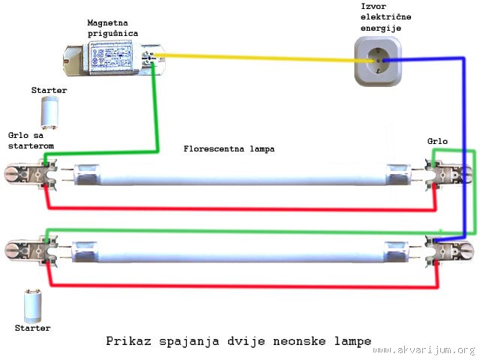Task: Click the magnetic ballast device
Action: point(114,59)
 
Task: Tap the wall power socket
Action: point(378,61)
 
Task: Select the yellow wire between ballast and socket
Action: point(263,58)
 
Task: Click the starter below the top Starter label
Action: point(49,112)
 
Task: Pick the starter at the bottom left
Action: point(33,306)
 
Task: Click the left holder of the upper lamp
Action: point(31,174)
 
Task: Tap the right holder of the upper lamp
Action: point(448,175)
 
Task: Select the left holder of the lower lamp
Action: point(31,251)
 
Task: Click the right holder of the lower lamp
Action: point(449,251)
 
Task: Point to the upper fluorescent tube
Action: point(241,175)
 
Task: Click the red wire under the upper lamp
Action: point(241,209)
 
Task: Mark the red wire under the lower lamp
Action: point(244,286)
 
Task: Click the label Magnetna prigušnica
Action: point(112,28)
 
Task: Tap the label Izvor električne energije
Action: point(385,17)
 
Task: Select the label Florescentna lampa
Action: point(229,149)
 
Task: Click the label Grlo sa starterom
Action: point(31,140)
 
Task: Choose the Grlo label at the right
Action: point(437,141)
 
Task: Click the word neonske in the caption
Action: point(299,340)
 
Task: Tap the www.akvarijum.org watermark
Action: point(424,350)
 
